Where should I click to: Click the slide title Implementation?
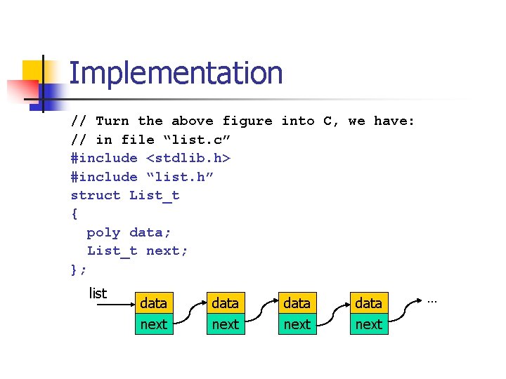coord(176,74)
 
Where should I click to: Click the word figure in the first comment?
coord(247,121)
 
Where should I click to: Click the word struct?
coord(96,195)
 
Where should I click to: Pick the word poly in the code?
coord(103,232)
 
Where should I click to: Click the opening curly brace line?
coord(74,213)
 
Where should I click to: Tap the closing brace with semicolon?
coord(79,269)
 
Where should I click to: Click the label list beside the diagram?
coord(98,293)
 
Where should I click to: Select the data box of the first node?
coord(153,303)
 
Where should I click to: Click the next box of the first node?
coord(153,324)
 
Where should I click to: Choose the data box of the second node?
coord(225,303)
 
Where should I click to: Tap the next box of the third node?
coord(297,324)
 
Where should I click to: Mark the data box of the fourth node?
coord(368,303)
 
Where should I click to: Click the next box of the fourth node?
coord(368,324)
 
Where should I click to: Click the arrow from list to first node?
coord(112,305)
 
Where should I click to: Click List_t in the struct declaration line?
coord(155,195)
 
